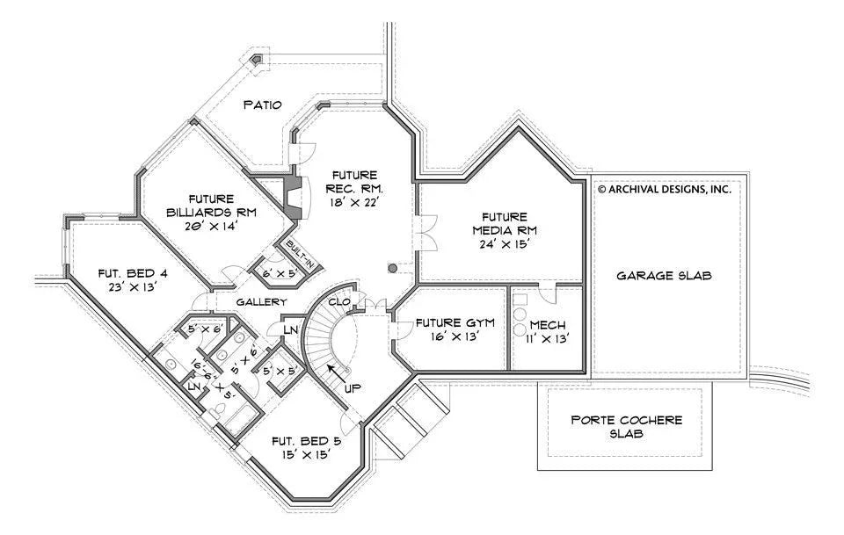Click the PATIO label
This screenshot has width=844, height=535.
coord(263,105)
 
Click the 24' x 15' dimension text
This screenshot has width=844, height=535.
coord(504,245)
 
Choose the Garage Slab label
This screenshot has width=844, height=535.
coord(664,275)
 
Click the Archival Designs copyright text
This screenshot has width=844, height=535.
coord(665,188)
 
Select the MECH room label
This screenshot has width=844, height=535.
coord(547,325)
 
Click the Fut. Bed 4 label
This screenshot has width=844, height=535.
coord(133,272)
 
